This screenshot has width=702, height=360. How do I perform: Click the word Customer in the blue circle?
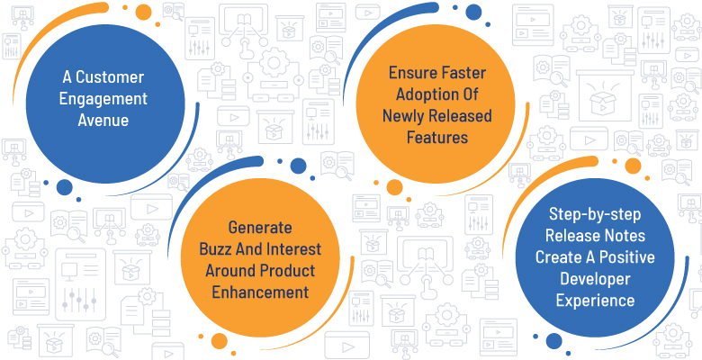[x=110, y=77]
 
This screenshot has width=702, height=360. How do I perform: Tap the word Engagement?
[x=103, y=99]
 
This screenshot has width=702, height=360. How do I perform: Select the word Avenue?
[x=103, y=120]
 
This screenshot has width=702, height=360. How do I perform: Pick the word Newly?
[x=403, y=116]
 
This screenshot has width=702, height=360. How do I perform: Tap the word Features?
[x=437, y=138]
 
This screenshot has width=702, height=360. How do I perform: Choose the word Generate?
[x=260, y=228]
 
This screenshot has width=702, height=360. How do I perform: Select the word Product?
[x=287, y=270]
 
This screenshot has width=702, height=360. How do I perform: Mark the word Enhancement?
[x=260, y=292]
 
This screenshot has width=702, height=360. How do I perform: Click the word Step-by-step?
[x=595, y=215]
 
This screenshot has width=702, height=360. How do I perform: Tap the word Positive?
[x=626, y=257]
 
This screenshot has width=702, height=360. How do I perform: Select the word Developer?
[x=595, y=279]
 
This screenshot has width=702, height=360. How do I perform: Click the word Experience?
[x=595, y=301]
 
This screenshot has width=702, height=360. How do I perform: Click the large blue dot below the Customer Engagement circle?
[x=65, y=187]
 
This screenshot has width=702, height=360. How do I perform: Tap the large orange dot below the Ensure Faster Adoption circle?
[x=394, y=187]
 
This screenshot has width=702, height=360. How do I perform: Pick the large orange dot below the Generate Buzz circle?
[x=220, y=341]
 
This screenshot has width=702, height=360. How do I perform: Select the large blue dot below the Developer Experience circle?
[x=553, y=341]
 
